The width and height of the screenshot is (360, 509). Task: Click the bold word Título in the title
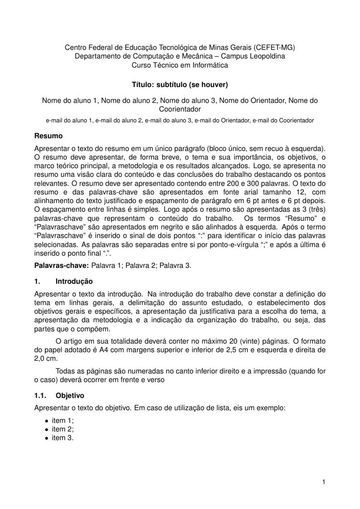tap(142, 84)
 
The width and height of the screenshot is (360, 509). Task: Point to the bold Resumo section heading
tap(49, 136)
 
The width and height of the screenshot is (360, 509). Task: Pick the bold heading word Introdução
tap(74, 281)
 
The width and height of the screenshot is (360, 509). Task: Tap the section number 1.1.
tap(41, 395)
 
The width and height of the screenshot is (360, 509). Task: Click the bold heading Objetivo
tap(70, 395)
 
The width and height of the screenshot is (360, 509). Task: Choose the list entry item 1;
tap(63, 421)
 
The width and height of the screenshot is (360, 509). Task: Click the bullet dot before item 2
tap(46, 430)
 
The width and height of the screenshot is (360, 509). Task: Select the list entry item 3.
tap(63, 438)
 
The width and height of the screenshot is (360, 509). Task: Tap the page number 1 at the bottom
tap(324, 482)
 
